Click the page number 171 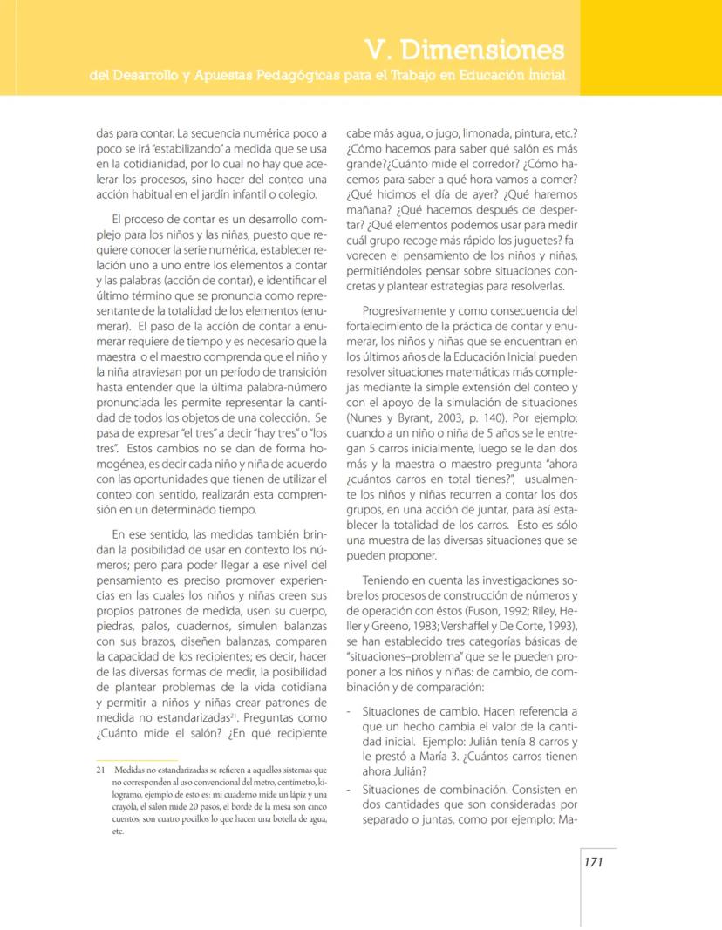pyautogui.click(x=594, y=862)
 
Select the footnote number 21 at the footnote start pyautogui.click(x=100, y=770)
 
